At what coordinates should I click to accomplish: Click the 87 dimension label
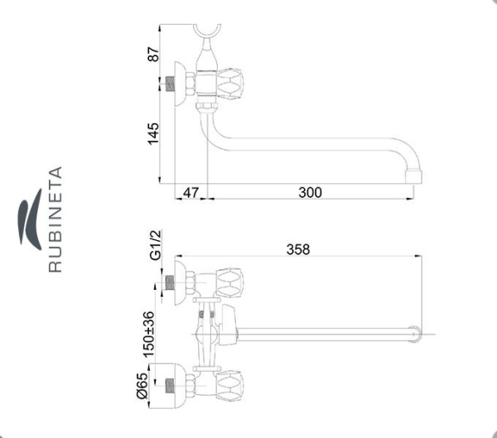[x=153, y=54]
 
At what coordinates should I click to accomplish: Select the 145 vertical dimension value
[x=153, y=134]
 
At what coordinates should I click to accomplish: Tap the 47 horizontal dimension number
[x=191, y=192]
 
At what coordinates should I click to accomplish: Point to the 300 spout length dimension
[x=310, y=192]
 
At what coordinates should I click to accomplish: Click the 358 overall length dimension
[x=298, y=249]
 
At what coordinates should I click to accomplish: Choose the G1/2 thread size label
[x=156, y=245]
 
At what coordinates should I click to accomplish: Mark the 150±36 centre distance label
[x=148, y=335]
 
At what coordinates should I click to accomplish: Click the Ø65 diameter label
[x=142, y=385]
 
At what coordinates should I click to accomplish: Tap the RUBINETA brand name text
[x=55, y=219]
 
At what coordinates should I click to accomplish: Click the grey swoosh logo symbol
[x=30, y=219]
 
